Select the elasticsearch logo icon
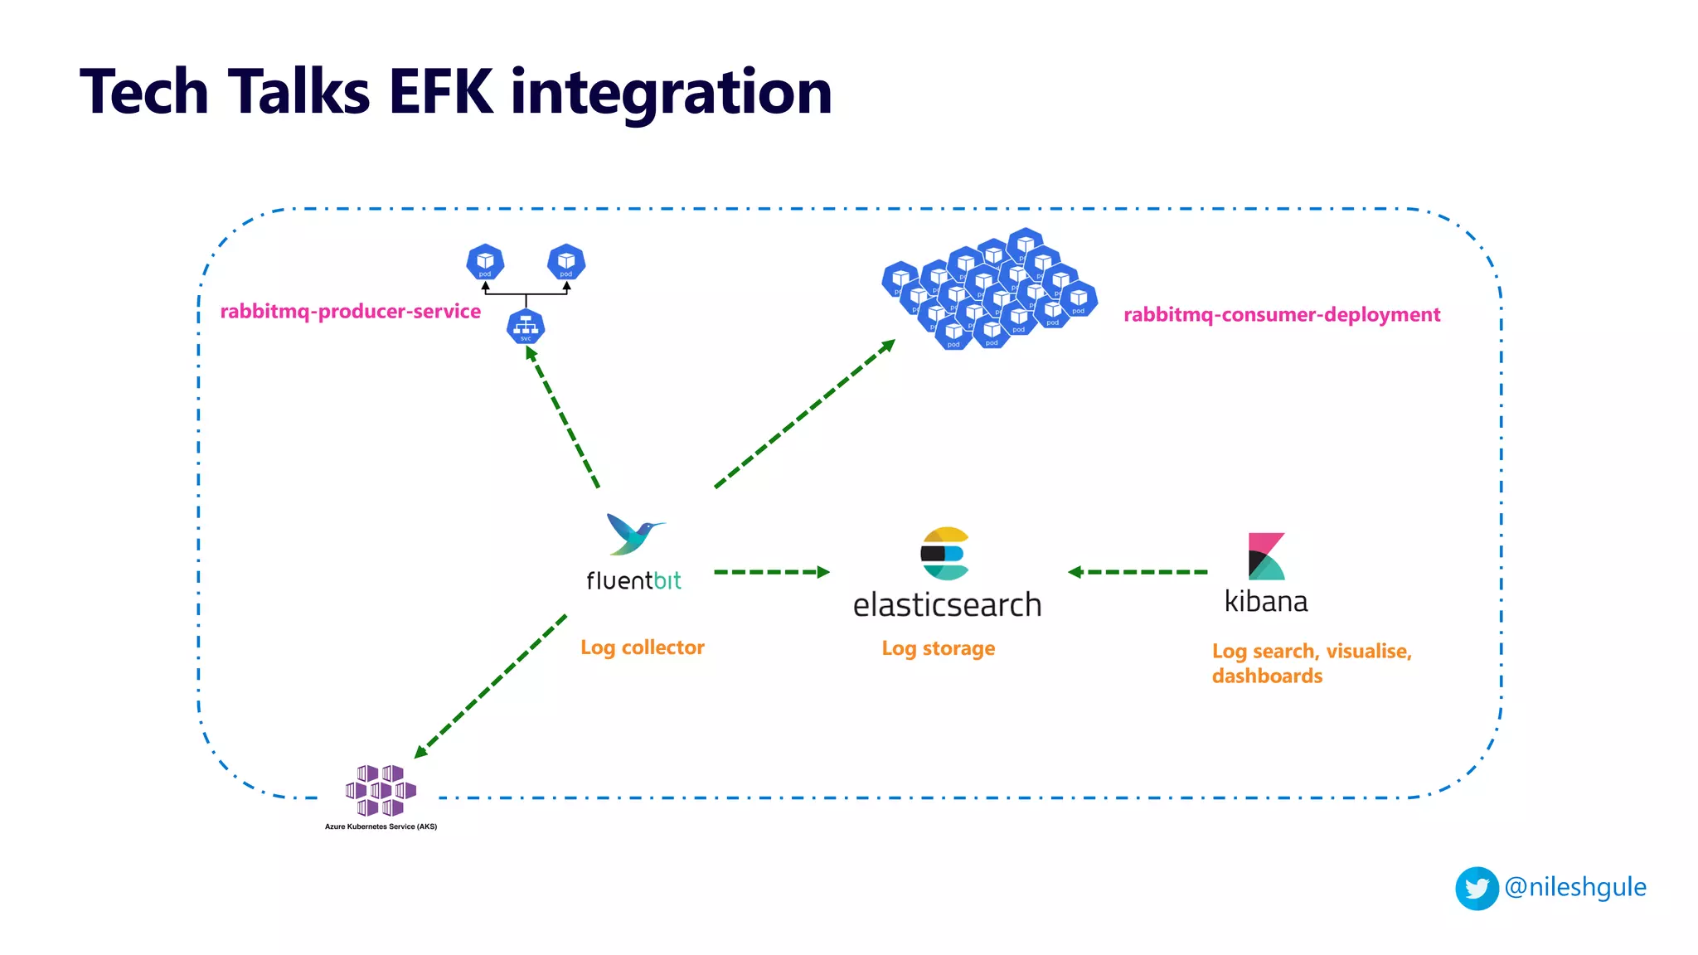coord(945,553)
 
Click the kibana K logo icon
coord(1266,556)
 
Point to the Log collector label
coord(642,647)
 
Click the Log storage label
coord(938,648)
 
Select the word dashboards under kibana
coord(1267,676)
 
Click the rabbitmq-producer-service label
coord(350,312)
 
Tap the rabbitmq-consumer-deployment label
coord(1282,315)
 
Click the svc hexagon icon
coord(526,327)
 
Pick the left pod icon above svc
coord(485,263)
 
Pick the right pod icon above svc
coord(566,263)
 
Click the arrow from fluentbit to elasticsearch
coord(771,572)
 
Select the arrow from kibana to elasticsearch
coord(1138,572)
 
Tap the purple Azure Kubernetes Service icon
coord(381,790)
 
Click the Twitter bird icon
coord(1477,889)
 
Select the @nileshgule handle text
coord(1575,887)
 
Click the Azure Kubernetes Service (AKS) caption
coord(381,827)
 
